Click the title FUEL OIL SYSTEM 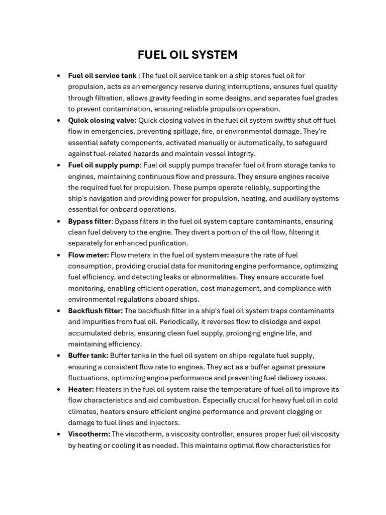[x=187, y=55]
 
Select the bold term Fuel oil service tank [x=102, y=75]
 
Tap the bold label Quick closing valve [x=102, y=120]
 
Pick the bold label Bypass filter [x=89, y=221]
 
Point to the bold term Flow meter [x=88, y=255]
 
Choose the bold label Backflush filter [x=95, y=311]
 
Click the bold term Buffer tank [x=88, y=356]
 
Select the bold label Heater [x=81, y=389]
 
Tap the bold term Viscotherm [x=89, y=434]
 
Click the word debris [x=124, y=333]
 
